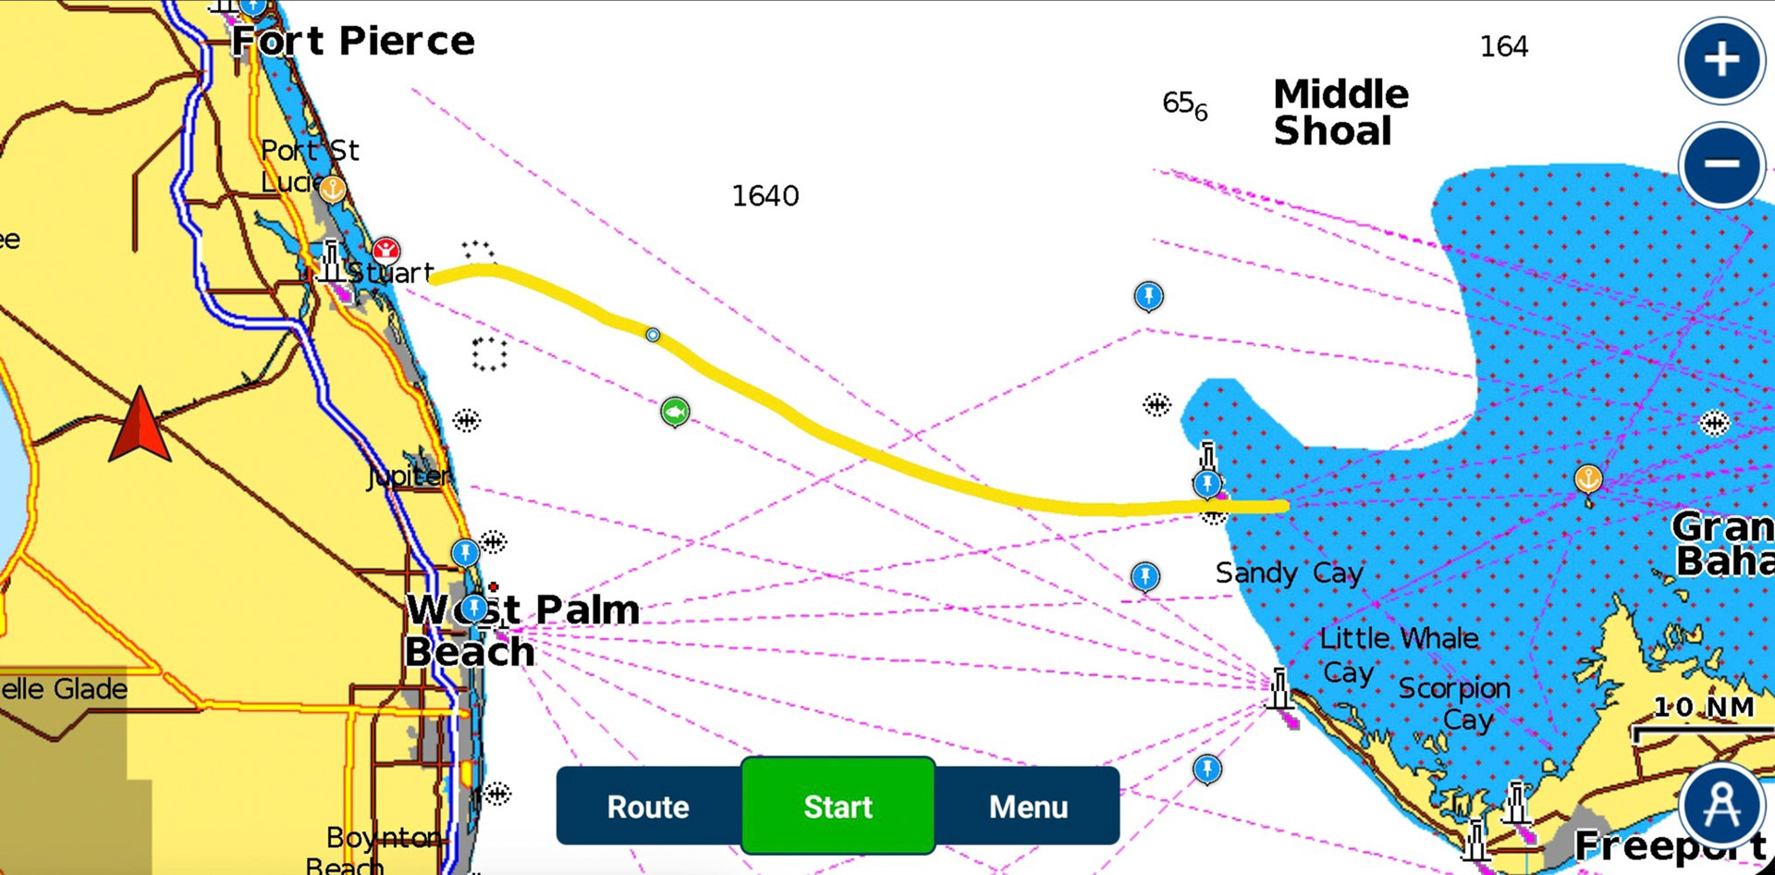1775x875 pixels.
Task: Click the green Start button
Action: (x=838, y=806)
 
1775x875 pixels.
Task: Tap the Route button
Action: (x=648, y=807)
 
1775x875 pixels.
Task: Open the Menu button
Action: (x=1028, y=807)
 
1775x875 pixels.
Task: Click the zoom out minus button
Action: (x=1720, y=165)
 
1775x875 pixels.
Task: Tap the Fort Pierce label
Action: (x=352, y=42)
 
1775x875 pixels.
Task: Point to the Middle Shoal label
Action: (x=1340, y=112)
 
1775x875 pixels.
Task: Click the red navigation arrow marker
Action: (x=140, y=425)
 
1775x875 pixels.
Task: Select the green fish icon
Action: (x=675, y=411)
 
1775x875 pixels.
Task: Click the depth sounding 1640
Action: (x=765, y=196)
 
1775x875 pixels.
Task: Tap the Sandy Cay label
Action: (x=1289, y=573)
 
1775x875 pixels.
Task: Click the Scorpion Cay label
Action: (x=1454, y=703)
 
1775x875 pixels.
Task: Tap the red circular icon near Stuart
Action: (x=386, y=249)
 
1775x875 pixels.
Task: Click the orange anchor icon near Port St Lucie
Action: (x=332, y=190)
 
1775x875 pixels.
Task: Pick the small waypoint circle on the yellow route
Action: (x=653, y=335)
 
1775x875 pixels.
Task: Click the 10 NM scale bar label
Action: (x=1703, y=708)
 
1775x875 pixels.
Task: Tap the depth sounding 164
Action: (x=1503, y=46)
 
